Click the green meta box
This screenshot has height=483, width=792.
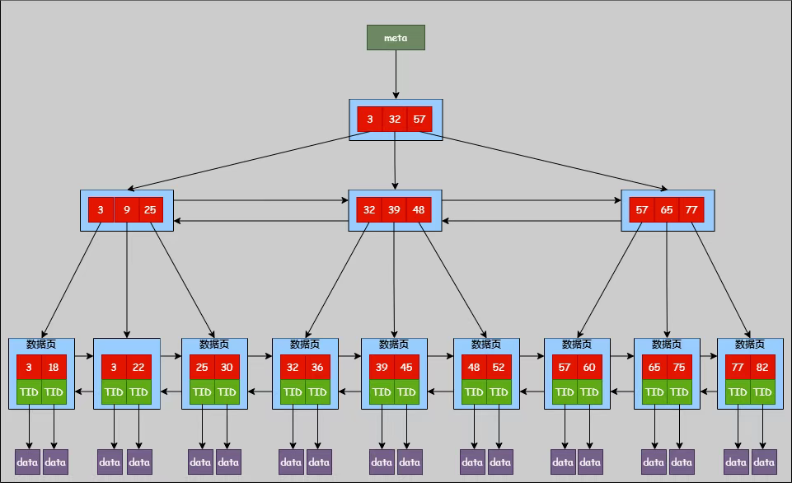coord(396,37)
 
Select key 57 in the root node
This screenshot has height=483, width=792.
coord(419,120)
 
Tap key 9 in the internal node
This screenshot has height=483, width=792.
coord(126,209)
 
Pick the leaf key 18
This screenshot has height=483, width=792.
coord(54,368)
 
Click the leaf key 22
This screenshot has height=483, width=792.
coord(138,368)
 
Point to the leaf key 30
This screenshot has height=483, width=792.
coord(227,368)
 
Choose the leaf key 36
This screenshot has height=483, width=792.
coord(317,368)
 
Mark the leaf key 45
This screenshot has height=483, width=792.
coord(406,368)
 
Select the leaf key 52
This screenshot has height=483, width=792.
coord(499,368)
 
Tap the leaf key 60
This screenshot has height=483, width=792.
coord(589,368)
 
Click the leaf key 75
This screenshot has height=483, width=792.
coord(679,368)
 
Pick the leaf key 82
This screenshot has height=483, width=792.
coord(762,368)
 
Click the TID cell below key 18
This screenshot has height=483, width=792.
coord(54,392)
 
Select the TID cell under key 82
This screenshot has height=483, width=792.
coord(762,392)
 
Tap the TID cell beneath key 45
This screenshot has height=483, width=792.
coord(406,392)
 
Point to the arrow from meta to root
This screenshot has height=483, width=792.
coord(396,75)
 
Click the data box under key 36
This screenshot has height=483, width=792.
coord(319,462)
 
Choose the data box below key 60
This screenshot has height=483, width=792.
coord(590,462)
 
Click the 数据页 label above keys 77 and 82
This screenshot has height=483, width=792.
coord(750,345)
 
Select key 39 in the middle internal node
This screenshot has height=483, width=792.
coord(393,209)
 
